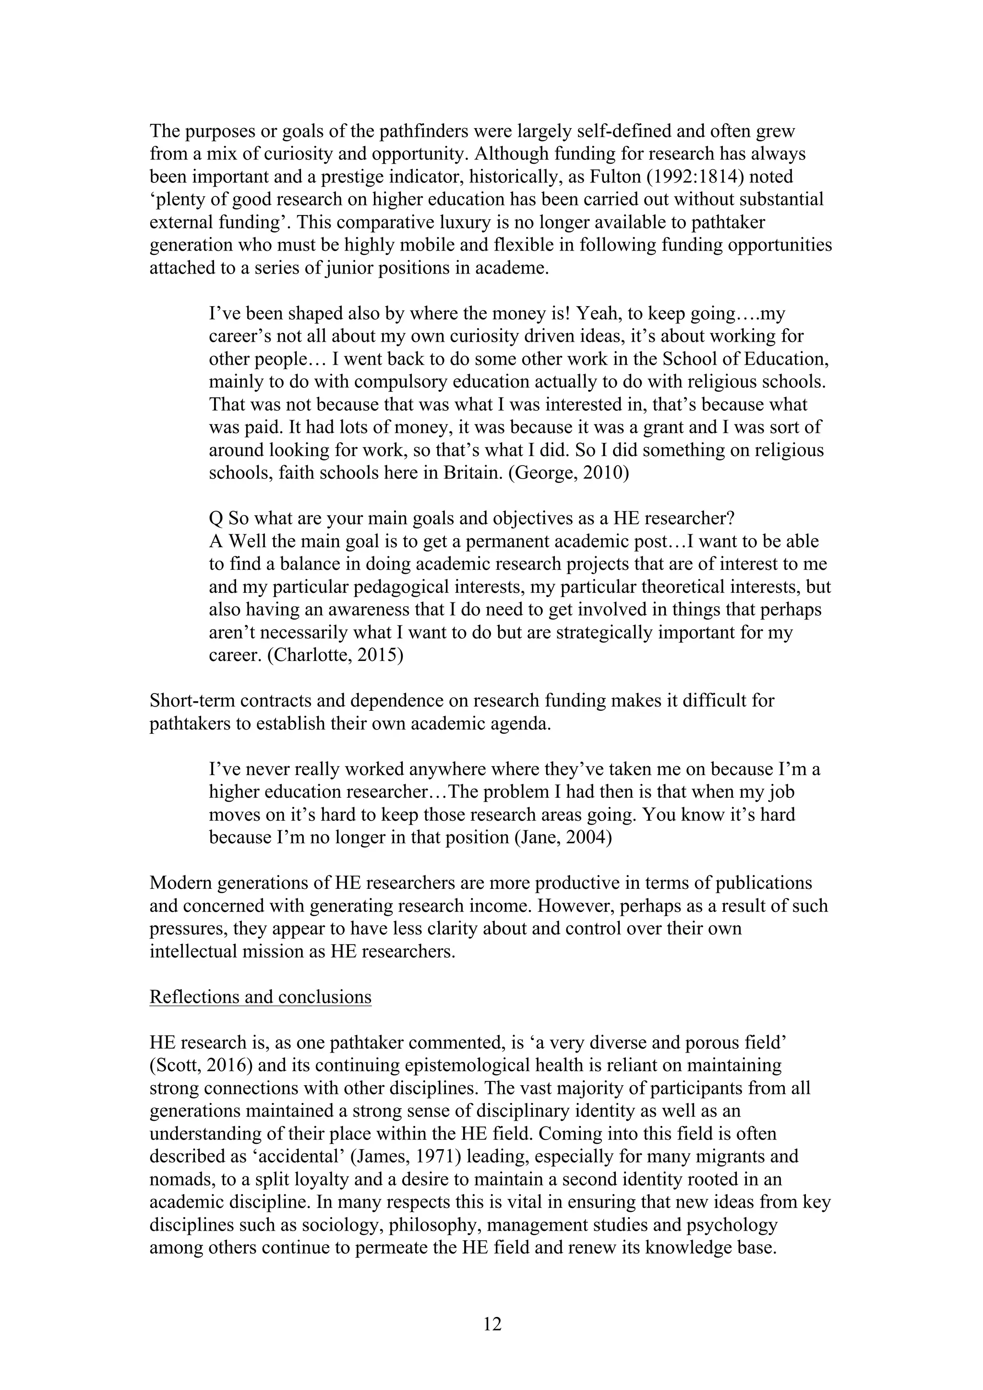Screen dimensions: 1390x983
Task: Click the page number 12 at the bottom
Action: pyautogui.click(x=492, y=1324)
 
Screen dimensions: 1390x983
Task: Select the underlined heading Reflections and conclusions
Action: pyautogui.click(x=260, y=997)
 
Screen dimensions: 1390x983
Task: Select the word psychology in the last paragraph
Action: pyautogui.click(x=732, y=1225)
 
